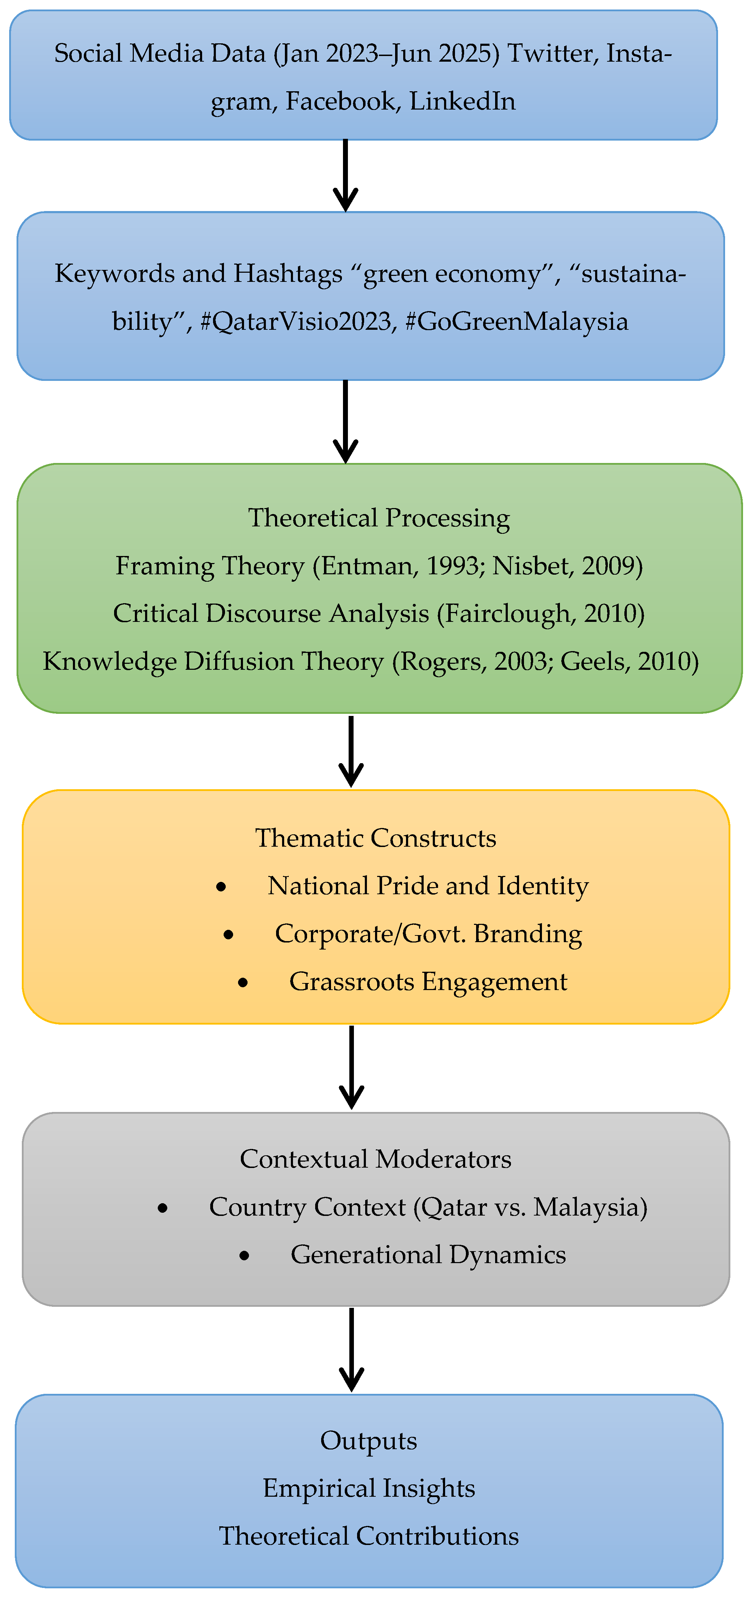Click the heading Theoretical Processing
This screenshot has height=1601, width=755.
coord(379,518)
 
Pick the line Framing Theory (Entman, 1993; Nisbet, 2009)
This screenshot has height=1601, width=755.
coord(379,565)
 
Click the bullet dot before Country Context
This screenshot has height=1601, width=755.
coord(163,1207)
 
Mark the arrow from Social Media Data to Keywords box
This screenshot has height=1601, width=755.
coord(345,176)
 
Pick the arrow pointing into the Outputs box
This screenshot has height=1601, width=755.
coord(352,1349)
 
